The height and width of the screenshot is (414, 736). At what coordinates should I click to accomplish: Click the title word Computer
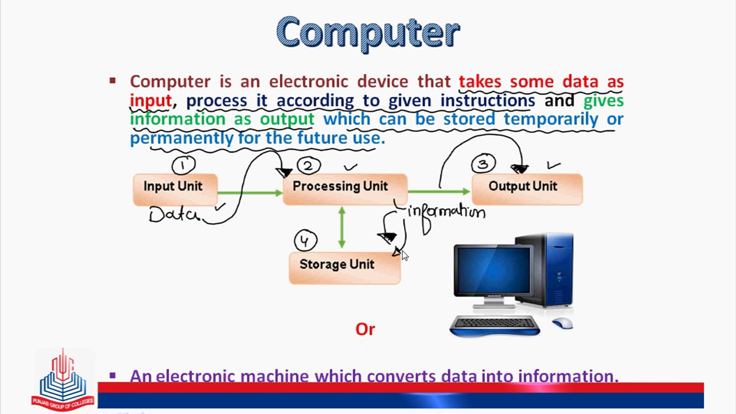(x=368, y=33)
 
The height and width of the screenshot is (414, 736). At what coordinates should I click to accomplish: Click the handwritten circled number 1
(x=183, y=165)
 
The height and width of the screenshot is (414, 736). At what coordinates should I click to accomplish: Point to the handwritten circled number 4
(x=305, y=241)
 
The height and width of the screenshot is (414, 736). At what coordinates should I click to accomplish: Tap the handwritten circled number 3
(x=483, y=164)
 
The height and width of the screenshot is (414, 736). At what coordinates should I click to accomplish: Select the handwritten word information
(x=447, y=212)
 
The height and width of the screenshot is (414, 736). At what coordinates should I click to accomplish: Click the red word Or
(x=365, y=329)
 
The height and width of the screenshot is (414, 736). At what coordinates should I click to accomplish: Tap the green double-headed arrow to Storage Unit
(x=342, y=228)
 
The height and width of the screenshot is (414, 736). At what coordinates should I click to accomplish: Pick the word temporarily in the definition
(x=550, y=119)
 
